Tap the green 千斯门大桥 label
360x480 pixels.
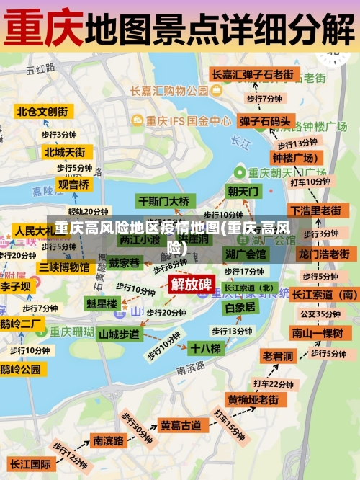click(163, 201)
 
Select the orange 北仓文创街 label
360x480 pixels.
click(42, 112)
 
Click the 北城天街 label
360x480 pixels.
click(64, 152)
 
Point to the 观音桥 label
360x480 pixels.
click(73, 185)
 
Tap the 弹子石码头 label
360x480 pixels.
click(265, 121)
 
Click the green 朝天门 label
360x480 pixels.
click(243, 192)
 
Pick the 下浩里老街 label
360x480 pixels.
click(315, 210)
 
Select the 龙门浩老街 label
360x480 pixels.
click(323, 254)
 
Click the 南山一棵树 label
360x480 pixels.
click(317, 332)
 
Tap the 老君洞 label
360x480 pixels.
click(278, 356)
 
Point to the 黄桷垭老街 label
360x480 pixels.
click(253, 399)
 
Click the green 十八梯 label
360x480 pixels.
click(205, 348)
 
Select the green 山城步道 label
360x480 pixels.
click(119, 334)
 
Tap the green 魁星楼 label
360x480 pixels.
click(102, 304)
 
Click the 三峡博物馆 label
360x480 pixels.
click(64, 267)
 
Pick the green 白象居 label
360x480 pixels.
click(240, 307)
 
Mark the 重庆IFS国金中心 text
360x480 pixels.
click(189, 121)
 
